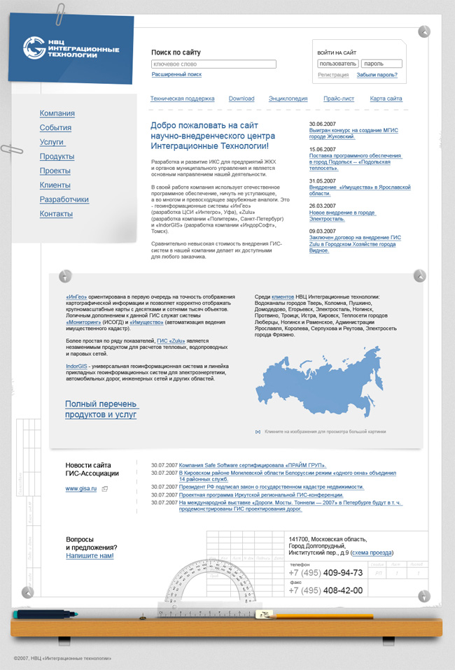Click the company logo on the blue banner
point(71,48)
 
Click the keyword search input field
point(213,64)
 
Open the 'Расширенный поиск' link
point(176,74)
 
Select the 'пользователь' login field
point(337,64)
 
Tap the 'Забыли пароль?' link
point(377,75)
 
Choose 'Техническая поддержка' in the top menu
point(182,99)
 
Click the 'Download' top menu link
point(241,99)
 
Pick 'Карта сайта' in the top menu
point(386,99)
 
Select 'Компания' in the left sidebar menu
point(57,113)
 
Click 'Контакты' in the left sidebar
point(56,213)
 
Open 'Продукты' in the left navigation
point(57,157)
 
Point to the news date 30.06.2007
point(323,124)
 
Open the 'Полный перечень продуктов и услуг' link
point(101,409)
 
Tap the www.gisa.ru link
point(81,489)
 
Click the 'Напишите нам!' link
point(90,556)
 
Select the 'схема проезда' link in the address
point(373,553)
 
